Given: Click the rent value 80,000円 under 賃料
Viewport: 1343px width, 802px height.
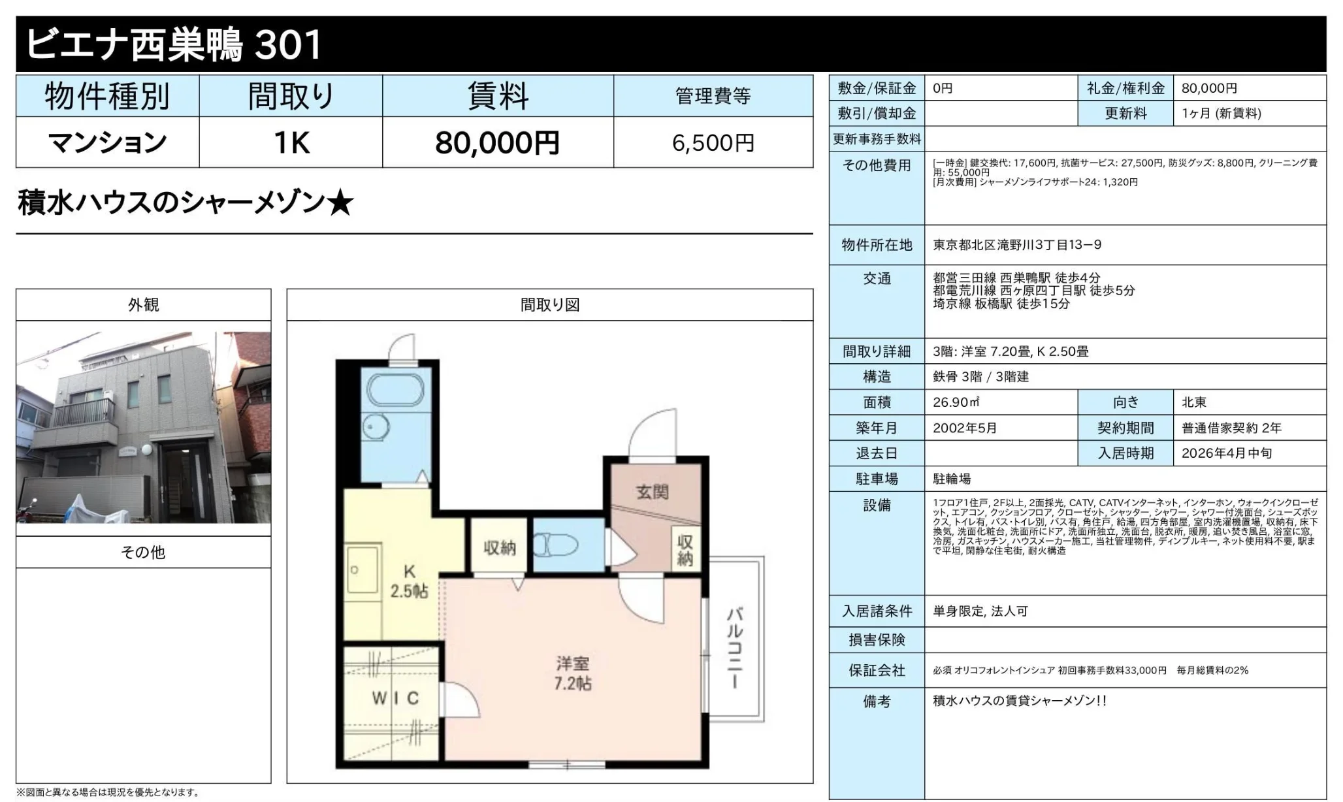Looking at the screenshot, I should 497,142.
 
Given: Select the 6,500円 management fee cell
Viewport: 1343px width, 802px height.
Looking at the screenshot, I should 713,142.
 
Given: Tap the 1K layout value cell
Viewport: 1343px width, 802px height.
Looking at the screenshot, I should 291,142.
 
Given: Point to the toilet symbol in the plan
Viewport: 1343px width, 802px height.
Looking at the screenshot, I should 556,545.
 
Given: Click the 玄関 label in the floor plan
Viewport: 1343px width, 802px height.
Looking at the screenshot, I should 652,492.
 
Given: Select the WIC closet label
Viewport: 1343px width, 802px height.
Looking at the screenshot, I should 395,698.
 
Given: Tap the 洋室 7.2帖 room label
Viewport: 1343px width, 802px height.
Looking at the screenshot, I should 572,673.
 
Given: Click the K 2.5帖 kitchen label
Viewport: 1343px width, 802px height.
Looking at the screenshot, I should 409,581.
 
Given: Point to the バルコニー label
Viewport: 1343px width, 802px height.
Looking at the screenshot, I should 735,647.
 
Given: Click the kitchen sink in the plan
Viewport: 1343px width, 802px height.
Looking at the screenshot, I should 361,570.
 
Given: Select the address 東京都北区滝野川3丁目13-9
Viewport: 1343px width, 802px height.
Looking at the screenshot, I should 1016,245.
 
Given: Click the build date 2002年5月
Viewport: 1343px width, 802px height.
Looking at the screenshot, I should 965,428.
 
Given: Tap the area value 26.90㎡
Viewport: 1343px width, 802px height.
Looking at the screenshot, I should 956,402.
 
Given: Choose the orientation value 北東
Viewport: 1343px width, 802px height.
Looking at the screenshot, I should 1193,402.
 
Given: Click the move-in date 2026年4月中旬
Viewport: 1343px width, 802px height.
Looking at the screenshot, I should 1226,453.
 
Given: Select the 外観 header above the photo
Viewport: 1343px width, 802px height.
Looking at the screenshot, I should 143,305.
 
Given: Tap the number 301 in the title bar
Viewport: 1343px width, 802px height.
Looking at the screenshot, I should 287,44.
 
